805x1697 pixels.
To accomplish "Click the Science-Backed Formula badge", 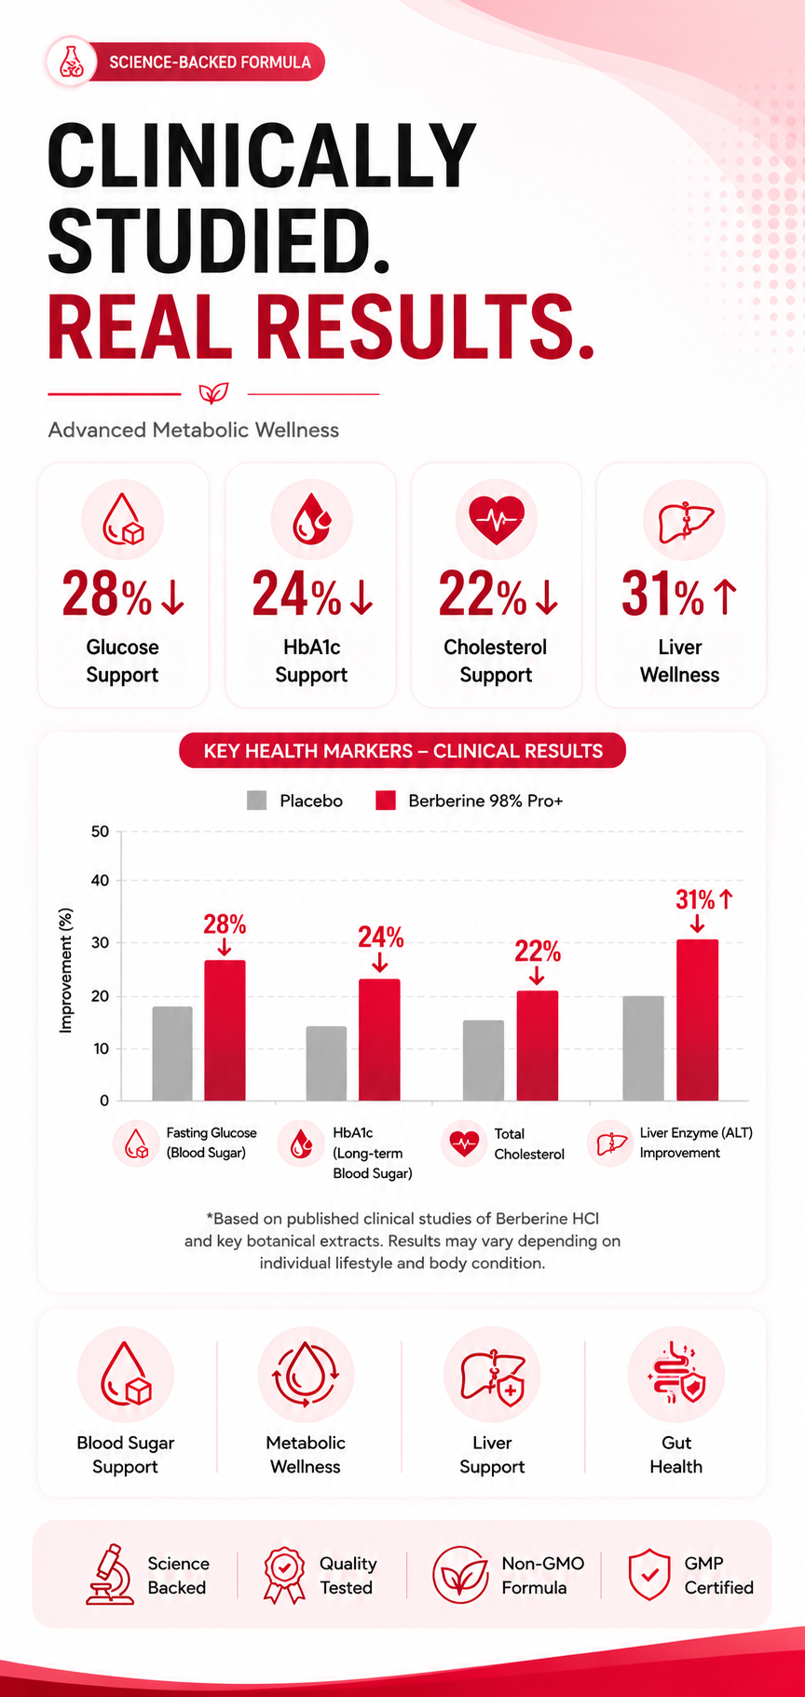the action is [x=184, y=62].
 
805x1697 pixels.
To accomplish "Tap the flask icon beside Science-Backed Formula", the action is [x=71, y=62].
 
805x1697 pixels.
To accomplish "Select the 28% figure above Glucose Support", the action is [x=105, y=595].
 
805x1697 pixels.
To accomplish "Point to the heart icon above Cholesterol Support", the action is [x=497, y=520].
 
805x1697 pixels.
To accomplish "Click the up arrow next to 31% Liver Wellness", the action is [x=725, y=596].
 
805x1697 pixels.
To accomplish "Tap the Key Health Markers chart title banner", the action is [x=402, y=751].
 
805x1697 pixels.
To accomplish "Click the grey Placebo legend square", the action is [x=256, y=801].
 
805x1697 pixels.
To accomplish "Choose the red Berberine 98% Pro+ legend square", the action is [x=386, y=801].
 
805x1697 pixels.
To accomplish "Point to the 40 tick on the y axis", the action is [x=100, y=881].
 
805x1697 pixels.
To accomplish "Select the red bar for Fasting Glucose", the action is [x=225, y=1031].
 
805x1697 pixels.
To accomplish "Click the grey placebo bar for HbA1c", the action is [x=326, y=1063].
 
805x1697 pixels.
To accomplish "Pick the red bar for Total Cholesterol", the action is [x=538, y=1046].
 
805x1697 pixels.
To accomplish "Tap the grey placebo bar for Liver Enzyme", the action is [x=643, y=1048].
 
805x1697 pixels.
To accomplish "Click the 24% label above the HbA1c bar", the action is [x=381, y=937].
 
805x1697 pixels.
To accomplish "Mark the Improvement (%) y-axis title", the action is [x=65, y=970].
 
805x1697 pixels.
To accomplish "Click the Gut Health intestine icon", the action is [x=676, y=1375].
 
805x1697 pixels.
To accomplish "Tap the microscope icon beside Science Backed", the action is [x=109, y=1574].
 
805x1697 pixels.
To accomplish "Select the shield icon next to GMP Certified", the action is [x=649, y=1574].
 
